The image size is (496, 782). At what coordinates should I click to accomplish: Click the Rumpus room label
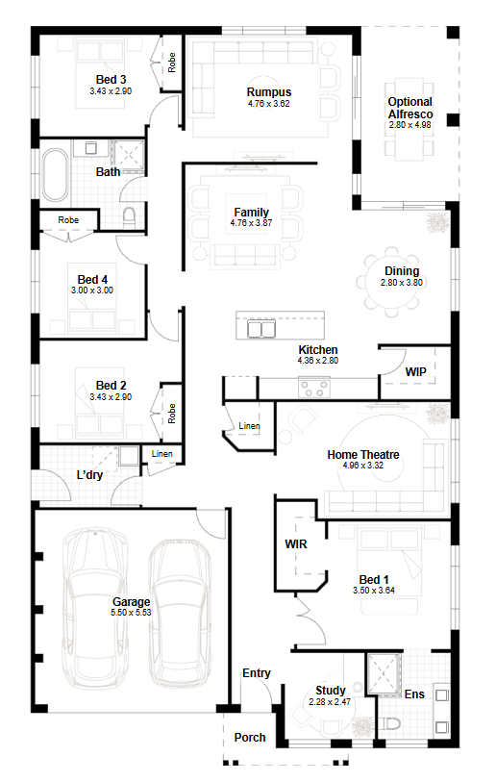coord(269,92)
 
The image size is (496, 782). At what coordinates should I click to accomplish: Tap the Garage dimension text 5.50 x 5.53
coord(131,613)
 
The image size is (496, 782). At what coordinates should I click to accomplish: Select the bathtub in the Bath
coord(55,174)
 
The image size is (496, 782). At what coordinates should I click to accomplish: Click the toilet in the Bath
coord(129,218)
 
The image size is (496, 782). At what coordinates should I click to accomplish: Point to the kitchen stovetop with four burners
coord(314,389)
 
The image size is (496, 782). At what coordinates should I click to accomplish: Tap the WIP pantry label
coord(416,372)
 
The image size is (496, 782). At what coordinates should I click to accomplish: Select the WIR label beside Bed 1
coord(296,544)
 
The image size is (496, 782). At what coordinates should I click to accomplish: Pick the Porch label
coord(250,738)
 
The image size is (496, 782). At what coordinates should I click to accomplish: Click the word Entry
coord(257,673)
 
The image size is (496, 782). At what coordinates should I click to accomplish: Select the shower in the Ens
coord(384,673)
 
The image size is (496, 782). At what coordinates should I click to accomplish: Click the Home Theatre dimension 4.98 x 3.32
coord(363,466)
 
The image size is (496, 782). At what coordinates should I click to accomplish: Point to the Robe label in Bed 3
coord(172,63)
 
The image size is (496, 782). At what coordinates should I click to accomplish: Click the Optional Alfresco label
coord(410,108)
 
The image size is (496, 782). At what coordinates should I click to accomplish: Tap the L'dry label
coord(89,475)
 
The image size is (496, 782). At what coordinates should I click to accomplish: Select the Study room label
coord(330,691)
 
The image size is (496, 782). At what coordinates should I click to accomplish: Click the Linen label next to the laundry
coord(162,454)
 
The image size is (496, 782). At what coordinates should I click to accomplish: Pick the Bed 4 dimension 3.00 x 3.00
coord(92,290)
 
